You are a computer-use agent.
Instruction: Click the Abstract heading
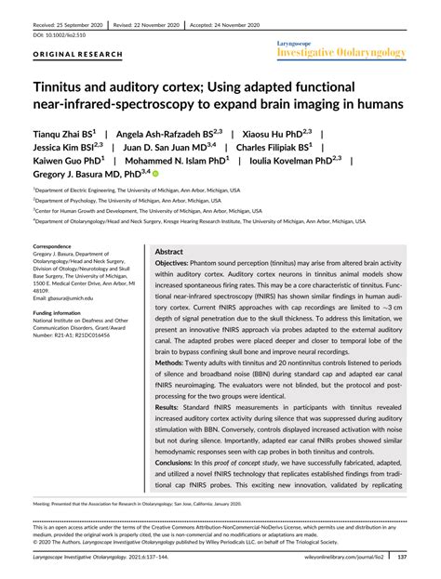(168, 251)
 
